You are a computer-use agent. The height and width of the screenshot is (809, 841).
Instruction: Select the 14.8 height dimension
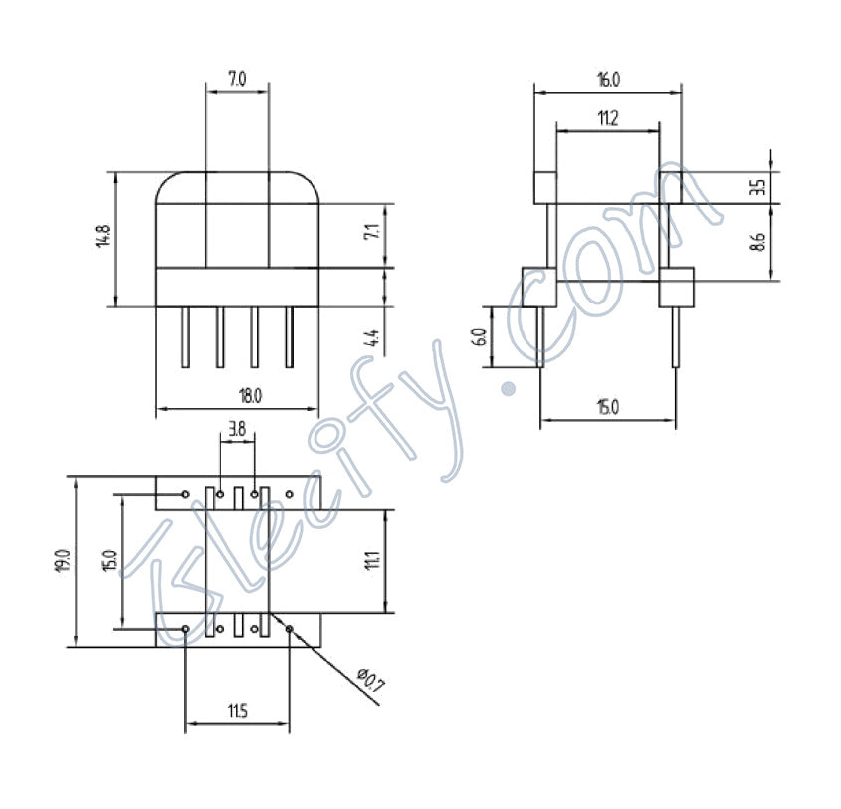click(x=104, y=239)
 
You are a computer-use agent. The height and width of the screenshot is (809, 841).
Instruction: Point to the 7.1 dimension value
click(x=372, y=235)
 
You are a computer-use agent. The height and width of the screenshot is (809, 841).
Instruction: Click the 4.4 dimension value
click(x=372, y=337)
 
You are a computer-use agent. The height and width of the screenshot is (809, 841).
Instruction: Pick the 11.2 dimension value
click(x=607, y=118)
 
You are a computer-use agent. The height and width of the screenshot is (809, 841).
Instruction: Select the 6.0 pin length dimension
click(x=479, y=336)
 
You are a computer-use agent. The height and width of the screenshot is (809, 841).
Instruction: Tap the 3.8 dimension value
click(x=237, y=431)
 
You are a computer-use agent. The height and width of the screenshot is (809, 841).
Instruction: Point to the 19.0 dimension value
click(x=63, y=560)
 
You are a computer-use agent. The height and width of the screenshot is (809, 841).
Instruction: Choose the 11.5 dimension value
click(x=237, y=710)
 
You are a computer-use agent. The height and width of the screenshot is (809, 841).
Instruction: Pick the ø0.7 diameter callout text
click(x=369, y=680)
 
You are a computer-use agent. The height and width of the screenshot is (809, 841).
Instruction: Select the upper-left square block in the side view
click(x=545, y=187)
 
